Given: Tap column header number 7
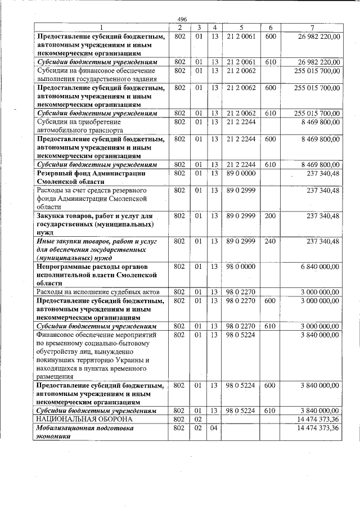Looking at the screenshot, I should [311, 28].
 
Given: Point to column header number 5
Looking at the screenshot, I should [241, 28].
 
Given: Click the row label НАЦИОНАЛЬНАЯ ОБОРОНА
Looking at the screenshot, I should [84, 420].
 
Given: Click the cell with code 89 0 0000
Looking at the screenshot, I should [241, 174].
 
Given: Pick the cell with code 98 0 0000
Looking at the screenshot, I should [241, 266].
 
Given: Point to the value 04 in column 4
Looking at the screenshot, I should [214, 429].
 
